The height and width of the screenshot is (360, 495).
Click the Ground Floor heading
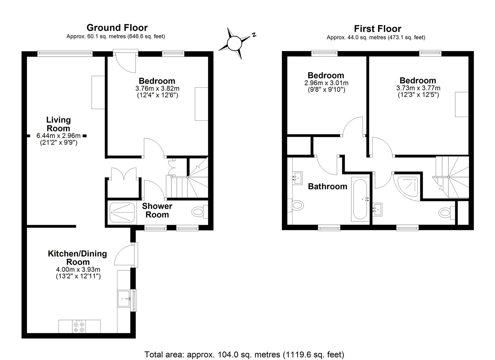(117, 28)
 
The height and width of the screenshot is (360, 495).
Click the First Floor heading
(377, 29)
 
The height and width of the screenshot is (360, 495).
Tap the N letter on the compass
(254, 34)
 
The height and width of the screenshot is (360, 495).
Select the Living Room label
(59, 124)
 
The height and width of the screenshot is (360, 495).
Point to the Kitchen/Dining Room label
(78, 258)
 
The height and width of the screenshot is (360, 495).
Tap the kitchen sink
(124, 299)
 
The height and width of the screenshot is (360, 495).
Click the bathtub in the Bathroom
(360, 199)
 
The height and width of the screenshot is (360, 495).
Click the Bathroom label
(327, 187)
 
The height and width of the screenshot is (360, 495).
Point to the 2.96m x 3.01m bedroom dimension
(326, 83)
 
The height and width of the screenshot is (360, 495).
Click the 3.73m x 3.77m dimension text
(418, 88)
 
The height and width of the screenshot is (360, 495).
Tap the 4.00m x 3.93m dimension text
(78, 269)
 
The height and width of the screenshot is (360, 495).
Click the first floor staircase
(451, 177)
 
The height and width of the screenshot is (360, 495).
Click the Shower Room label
(157, 210)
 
